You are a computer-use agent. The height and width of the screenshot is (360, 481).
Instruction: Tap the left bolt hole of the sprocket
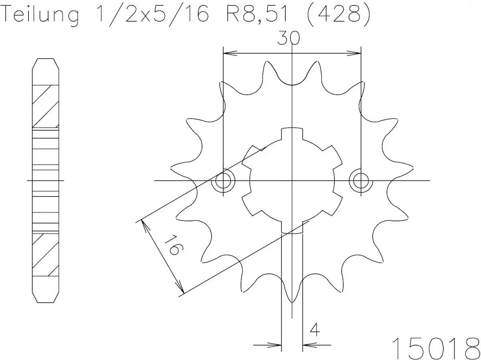[x=223, y=181]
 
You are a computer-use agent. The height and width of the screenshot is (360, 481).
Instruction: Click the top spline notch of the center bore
[x=292, y=134]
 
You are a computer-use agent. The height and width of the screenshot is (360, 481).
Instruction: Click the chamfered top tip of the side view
[x=45, y=60]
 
